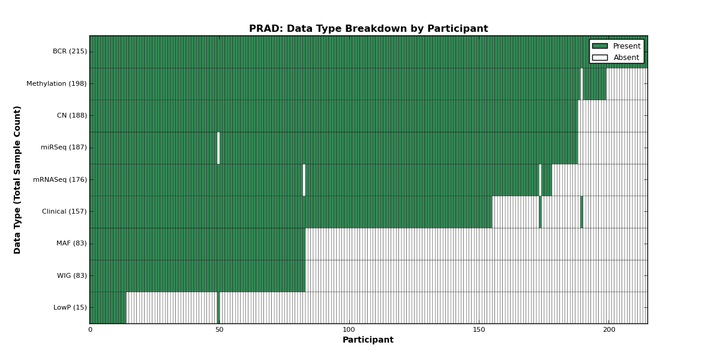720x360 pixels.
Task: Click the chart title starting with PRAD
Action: pos(368,29)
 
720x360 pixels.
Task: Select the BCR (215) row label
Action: pos(70,52)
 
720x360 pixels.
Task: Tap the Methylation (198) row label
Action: pos(56,83)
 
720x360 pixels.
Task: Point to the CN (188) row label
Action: pos(72,115)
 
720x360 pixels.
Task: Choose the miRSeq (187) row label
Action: pos(64,147)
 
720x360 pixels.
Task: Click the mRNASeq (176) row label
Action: pos(60,179)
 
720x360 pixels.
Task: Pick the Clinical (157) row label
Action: pos(64,211)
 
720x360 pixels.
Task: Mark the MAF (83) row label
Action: pos(71,244)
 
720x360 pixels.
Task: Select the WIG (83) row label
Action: pos(72,275)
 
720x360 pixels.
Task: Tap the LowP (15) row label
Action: pos(70,307)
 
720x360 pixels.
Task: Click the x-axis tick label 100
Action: pos(349,330)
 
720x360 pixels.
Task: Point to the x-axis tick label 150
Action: pos(479,330)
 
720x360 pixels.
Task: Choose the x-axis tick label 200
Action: pos(609,330)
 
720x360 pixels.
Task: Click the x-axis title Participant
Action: pos(368,340)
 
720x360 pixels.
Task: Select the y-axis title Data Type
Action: pos(17,179)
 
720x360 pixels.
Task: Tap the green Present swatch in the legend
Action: pos(600,46)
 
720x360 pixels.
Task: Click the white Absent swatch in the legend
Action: pos(600,58)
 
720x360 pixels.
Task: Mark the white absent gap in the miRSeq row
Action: pos(218,148)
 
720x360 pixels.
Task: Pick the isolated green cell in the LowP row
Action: pos(218,308)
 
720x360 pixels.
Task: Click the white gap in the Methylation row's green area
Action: pos(582,84)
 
